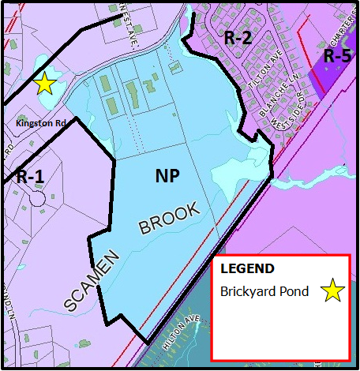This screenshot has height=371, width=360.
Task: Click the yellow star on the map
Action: [44, 83]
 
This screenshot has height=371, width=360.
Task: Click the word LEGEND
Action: [247, 268]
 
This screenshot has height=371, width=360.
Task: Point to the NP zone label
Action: [167, 177]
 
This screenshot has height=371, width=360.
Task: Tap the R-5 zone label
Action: [340, 57]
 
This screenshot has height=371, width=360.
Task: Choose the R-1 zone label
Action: [29, 176]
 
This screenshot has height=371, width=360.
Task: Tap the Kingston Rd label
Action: [38, 123]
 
